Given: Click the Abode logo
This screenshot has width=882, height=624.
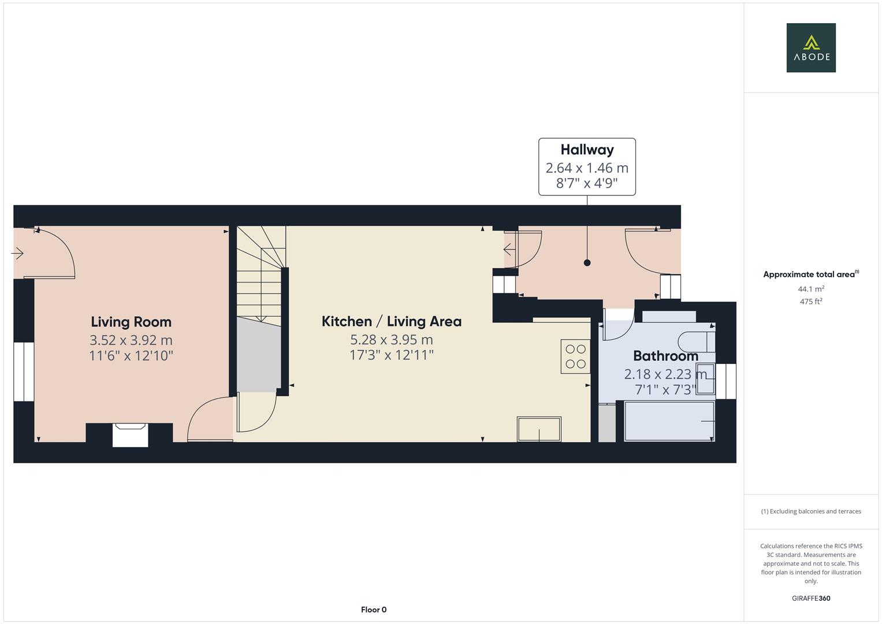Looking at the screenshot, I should click(810, 48).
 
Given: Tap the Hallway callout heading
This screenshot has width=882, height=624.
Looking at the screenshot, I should click(587, 150).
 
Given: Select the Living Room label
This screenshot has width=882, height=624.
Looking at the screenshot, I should click(131, 322).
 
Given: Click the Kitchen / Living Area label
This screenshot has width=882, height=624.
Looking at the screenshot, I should click(391, 321).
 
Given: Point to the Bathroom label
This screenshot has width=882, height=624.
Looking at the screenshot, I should click(665, 356).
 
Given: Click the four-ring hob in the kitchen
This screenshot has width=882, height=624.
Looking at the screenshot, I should click(575, 356).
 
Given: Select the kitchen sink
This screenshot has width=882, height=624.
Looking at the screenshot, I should click(539, 429).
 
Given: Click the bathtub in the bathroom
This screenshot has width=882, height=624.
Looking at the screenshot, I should click(669, 421).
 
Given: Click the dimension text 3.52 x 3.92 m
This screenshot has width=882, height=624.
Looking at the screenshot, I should click(131, 340).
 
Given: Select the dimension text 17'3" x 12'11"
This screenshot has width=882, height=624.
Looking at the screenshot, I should click(391, 355).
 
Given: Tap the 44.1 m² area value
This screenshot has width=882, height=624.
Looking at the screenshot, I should click(810, 289).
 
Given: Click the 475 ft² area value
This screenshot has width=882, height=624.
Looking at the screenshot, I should click(810, 302).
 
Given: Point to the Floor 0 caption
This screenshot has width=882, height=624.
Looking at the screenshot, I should click(373, 610).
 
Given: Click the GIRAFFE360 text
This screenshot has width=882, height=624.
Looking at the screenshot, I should click(810, 598).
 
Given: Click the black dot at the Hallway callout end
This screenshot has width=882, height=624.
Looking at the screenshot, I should click(587, 263).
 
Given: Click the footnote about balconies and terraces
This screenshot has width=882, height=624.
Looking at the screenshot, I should click(810, 511).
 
